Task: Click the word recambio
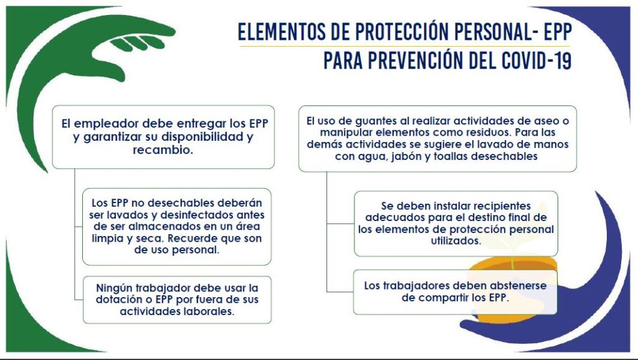pyautogui.click(x=163, y=149)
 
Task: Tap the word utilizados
pyautogui.click(x=455, y=241)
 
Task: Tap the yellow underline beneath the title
pyautogui.click(x=405, y=46)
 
